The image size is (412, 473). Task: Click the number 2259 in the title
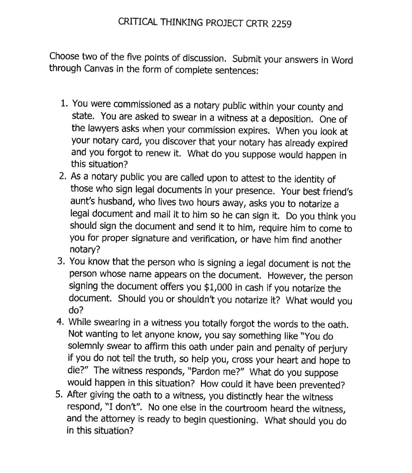click(281, 24)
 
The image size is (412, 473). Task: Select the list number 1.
click(64, 104)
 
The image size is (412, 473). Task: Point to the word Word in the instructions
click(342, 60)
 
